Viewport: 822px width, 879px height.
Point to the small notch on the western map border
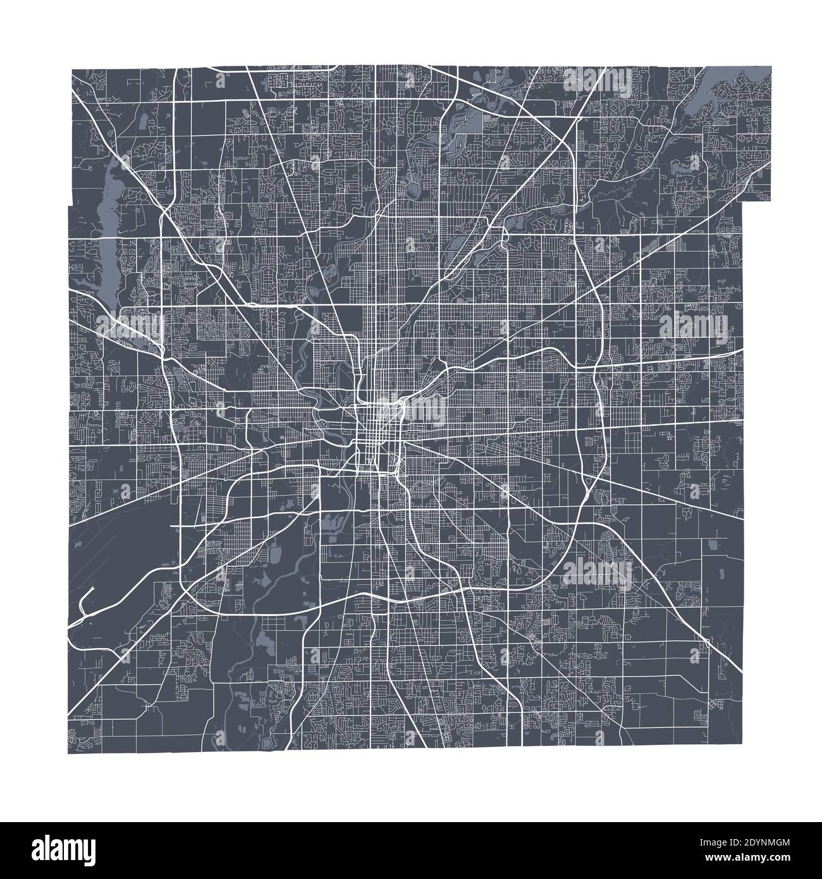[x=69, y=206]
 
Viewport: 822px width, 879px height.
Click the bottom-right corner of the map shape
[x=740, y=746]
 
